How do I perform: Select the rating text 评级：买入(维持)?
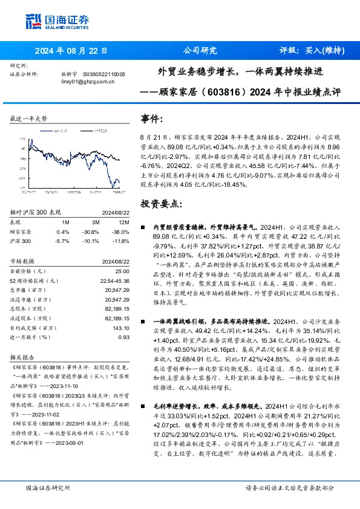312,51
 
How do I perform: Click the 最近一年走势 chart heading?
29,118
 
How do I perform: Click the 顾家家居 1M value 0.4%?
62,231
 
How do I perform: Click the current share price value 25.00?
122,271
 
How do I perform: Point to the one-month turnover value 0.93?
123,337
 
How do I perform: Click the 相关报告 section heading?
24,357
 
